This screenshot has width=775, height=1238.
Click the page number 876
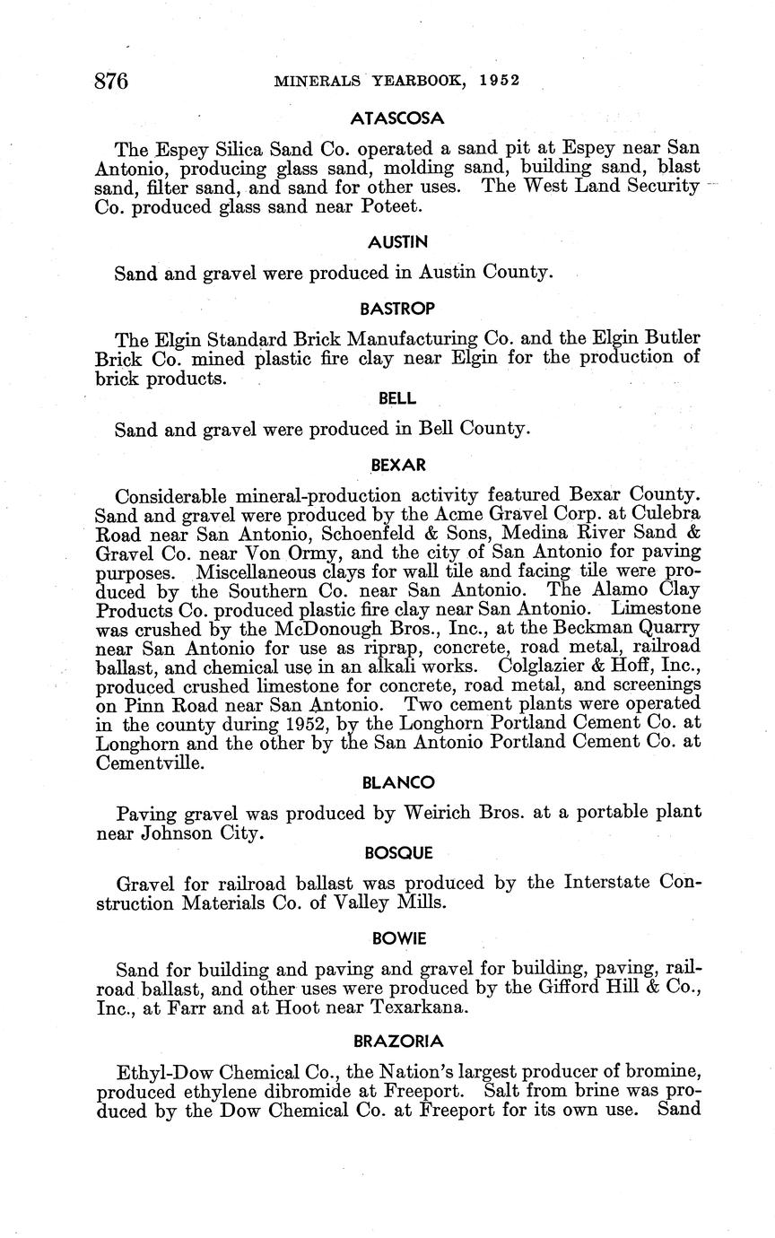click(112, 82)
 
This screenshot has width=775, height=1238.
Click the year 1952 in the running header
click(500, 80)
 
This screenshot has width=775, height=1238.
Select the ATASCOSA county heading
click(397, 118)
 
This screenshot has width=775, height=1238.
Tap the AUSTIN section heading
click(397, 241)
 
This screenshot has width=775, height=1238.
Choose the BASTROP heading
click(397, 309)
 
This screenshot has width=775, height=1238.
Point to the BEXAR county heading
click(397, 466)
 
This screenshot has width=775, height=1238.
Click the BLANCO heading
click(397, 783)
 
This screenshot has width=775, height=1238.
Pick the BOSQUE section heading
click(397, 851)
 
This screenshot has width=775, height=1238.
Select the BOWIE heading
click(397, 938)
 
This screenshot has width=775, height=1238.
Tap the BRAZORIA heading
click(397, 1042)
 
